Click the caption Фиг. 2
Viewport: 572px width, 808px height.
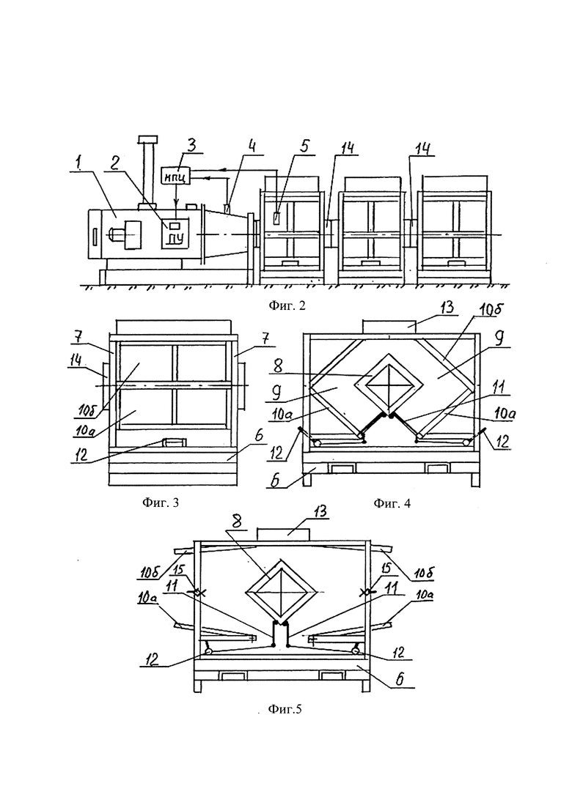(287, 305)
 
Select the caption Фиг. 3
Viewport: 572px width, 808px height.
(161, 503)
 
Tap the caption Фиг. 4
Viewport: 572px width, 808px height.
(392, 503)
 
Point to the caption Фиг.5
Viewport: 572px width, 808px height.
(285, 710)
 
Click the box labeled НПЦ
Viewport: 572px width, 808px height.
(176, 177)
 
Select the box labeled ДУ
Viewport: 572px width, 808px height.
(175, 232)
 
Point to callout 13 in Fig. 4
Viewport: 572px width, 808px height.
(447, 308)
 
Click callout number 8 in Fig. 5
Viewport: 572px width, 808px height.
(236, 521)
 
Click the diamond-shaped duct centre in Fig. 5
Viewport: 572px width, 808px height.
(281, 590)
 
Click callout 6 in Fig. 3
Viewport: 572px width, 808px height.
(259, 436)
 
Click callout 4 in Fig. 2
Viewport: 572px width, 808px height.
(252, 146)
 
